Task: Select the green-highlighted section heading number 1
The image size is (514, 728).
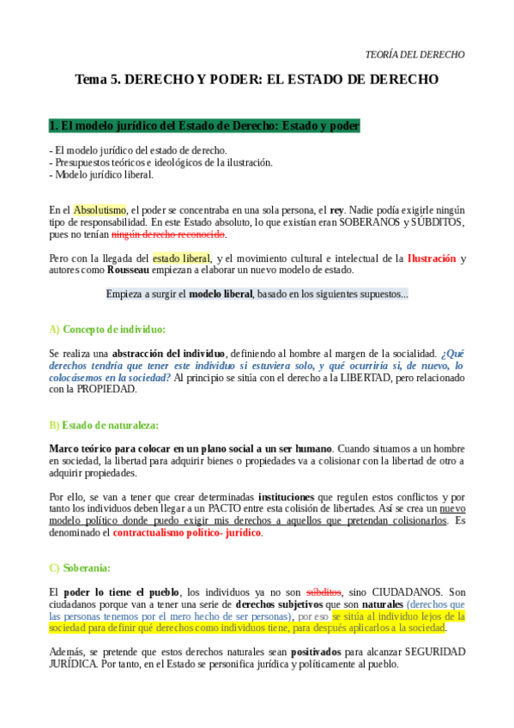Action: point(204,126)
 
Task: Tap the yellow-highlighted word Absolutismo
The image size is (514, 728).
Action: point(100,209)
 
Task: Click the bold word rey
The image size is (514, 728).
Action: point(336,209)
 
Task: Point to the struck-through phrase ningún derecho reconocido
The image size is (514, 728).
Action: point(180,234)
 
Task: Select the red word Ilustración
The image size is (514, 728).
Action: point(431,258)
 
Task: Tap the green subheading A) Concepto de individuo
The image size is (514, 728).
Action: point(107,330)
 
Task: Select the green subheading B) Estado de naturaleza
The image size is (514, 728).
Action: point(104,425)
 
